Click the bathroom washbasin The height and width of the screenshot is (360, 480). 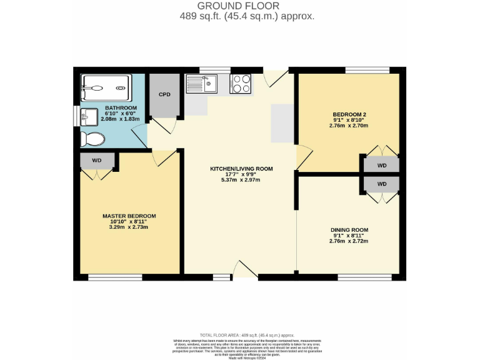click(x=89, y=116)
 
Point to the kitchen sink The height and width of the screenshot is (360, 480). click(x=201, y=84)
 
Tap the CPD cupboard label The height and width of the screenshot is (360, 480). click(x=164, y=95)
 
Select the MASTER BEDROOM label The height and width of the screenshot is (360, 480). click(x=129, y=216)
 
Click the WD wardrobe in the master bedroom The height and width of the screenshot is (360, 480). click(x=97, y=161)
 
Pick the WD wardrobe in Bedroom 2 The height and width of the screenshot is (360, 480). click(x=382, y=166)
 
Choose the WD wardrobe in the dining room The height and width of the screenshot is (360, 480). click(x=382, y=184)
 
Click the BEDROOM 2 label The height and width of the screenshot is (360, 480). click(x=348, y=114)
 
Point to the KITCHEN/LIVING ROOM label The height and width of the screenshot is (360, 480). click(x=241, y=169)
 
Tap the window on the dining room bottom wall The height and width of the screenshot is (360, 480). click(x=364, y=276)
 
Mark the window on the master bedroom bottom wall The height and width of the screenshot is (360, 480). click(x=114, y=276)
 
